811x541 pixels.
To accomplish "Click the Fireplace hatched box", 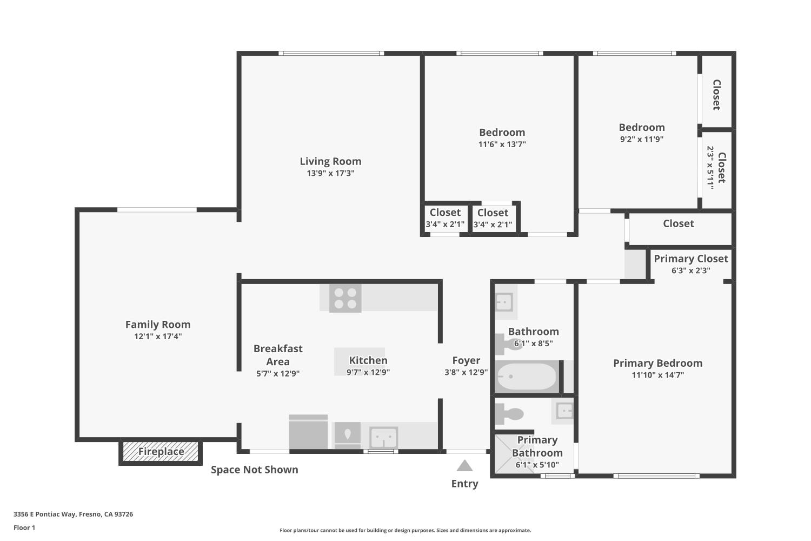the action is click(161, 452).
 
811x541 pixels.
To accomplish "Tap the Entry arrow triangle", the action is click(464, 466).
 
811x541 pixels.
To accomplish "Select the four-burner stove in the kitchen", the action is click(345, 298).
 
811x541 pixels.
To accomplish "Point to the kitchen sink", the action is click(383, 437).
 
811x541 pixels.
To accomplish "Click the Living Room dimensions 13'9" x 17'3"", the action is click(330, 173).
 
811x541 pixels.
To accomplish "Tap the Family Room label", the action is click(158, 324).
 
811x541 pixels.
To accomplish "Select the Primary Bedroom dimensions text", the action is click(658, 375).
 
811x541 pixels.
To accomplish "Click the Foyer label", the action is click(466, 360).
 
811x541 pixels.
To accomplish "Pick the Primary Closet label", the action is click(691, 259).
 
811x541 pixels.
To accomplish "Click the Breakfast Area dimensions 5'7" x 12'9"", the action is click(278, 374).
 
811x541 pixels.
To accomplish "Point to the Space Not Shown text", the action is click(255, 470).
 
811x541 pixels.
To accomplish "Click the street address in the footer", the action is click(73, 514).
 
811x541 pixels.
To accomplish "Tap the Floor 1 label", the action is click(24, 527).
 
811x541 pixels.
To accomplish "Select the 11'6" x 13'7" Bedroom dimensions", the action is click(502, 144).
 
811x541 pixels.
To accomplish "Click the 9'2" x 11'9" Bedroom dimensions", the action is click(642, 139).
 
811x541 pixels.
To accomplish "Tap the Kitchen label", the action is click(368, 360).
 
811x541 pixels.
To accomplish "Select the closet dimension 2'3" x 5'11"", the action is click(710, 168).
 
